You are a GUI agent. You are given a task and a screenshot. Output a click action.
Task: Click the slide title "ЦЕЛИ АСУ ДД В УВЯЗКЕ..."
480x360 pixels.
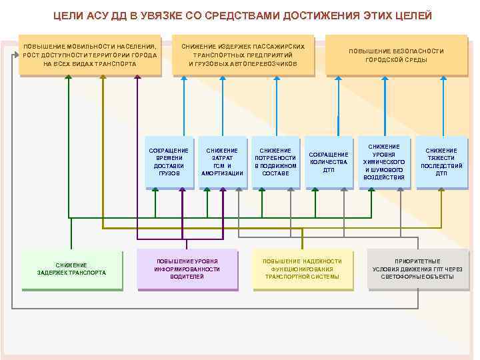pyautogui.click(x=243, y=15)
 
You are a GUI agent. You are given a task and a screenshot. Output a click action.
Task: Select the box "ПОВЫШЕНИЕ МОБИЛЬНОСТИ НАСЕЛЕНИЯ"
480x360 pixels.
pyautogui.click(x=89, y=55)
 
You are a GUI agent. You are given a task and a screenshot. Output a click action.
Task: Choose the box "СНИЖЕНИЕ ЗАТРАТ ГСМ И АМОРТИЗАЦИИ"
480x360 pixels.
pyautogui.click(x=222, y=162)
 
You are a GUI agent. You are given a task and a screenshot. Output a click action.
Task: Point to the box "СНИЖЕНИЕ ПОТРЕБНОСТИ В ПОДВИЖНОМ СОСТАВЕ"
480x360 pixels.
pyautogui.click(x=275, y=162)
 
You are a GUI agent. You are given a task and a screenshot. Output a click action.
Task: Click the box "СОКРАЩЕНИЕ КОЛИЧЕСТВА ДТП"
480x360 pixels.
pyautogui.click(x=329, y=162)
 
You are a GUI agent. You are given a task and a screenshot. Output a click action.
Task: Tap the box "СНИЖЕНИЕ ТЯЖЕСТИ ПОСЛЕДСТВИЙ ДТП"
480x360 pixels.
pyautogui.click(x=441, y=162)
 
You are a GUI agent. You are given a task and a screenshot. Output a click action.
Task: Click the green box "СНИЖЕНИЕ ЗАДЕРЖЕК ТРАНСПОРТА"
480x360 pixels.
pyautogui.click(x=71, y=269)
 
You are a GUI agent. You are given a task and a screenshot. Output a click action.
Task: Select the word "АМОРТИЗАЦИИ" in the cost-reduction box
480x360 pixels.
pyautogui.click(x=222, y=173)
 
